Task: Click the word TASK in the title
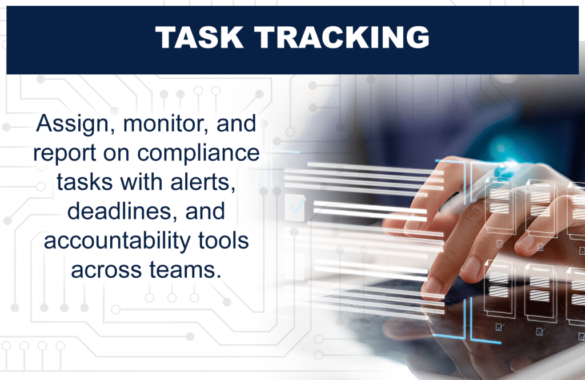pyautogui.click(x=199, y=37)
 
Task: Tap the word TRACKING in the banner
pyautogui.click(x=342, y=37)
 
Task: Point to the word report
pyautogui.click(x=65, y=153)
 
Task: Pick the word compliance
pyautogui.click(x=198, y=153)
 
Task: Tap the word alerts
pyautogui.click(x=203, y=182)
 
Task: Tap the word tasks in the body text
pyautogui.click(x=85, y=182)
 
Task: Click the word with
pyautogui.click(x=142, y=182)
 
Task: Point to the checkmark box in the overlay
pyautogui.click(x=295, y=207)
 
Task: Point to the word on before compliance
pyautogui.click(x=117, y=153)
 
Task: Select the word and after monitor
pyautogui.click(x=237, y=123)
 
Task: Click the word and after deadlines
pyautogui.click(x=205, y=211)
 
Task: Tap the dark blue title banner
pyautogui.click(x=292, y=39)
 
